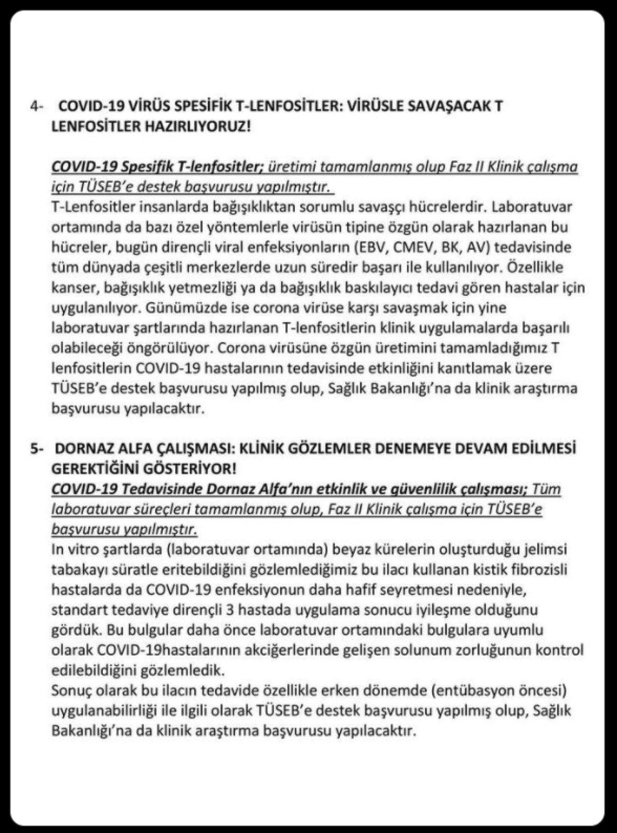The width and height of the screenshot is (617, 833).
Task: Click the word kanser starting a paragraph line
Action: (x=70, y=288)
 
